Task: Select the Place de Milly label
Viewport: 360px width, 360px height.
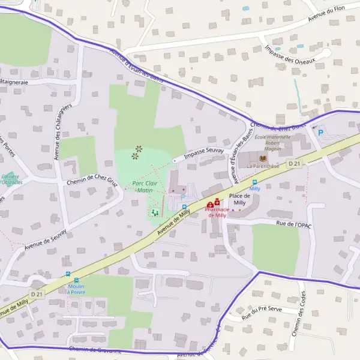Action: [240, 199]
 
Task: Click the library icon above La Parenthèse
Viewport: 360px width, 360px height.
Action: [262, 158]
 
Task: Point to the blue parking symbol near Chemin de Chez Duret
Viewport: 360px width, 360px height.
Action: [320, 133]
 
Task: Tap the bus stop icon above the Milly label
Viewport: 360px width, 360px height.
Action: [254, 181]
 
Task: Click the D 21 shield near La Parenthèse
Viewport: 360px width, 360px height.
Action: [293, 163]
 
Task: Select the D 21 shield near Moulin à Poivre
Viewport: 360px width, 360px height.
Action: [37, 294]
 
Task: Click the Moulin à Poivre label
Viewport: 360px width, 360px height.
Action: [76, 289]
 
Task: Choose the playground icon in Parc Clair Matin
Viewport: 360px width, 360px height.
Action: [155, 212]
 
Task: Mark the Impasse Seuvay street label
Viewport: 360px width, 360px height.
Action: [204, 153]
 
